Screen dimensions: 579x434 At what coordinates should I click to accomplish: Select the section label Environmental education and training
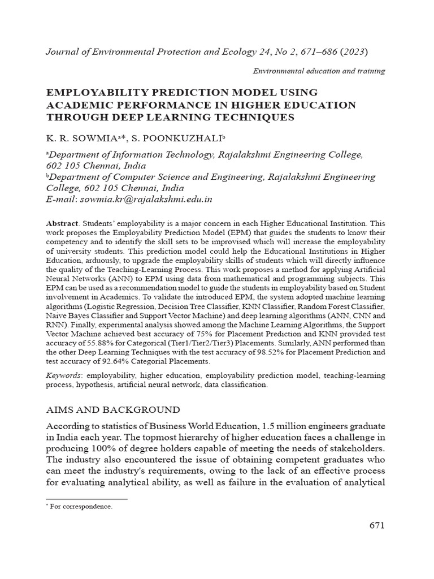pos(319,71)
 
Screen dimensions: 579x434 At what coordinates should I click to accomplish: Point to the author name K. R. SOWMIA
pos(73,139)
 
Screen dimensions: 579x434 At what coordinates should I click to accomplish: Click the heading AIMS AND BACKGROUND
pos(113,409)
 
